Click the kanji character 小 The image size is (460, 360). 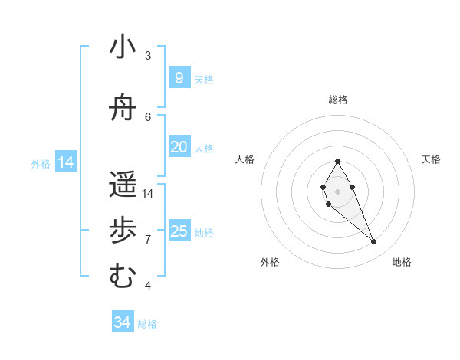123,47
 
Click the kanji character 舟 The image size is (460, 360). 123,109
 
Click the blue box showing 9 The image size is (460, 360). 179,77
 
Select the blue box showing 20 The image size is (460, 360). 179,146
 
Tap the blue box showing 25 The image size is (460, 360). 179,231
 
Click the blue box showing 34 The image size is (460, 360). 123,322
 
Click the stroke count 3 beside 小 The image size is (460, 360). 148,55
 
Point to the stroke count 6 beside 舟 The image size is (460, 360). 148,116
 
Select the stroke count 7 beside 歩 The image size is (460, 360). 148,239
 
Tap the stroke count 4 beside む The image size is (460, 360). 148,285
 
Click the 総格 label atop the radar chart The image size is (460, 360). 338,100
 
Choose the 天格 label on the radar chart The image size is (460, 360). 431,159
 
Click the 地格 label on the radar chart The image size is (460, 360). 402,262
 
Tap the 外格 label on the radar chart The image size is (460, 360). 270,262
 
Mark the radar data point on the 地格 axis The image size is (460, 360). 373,242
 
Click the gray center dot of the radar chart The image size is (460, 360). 337,190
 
